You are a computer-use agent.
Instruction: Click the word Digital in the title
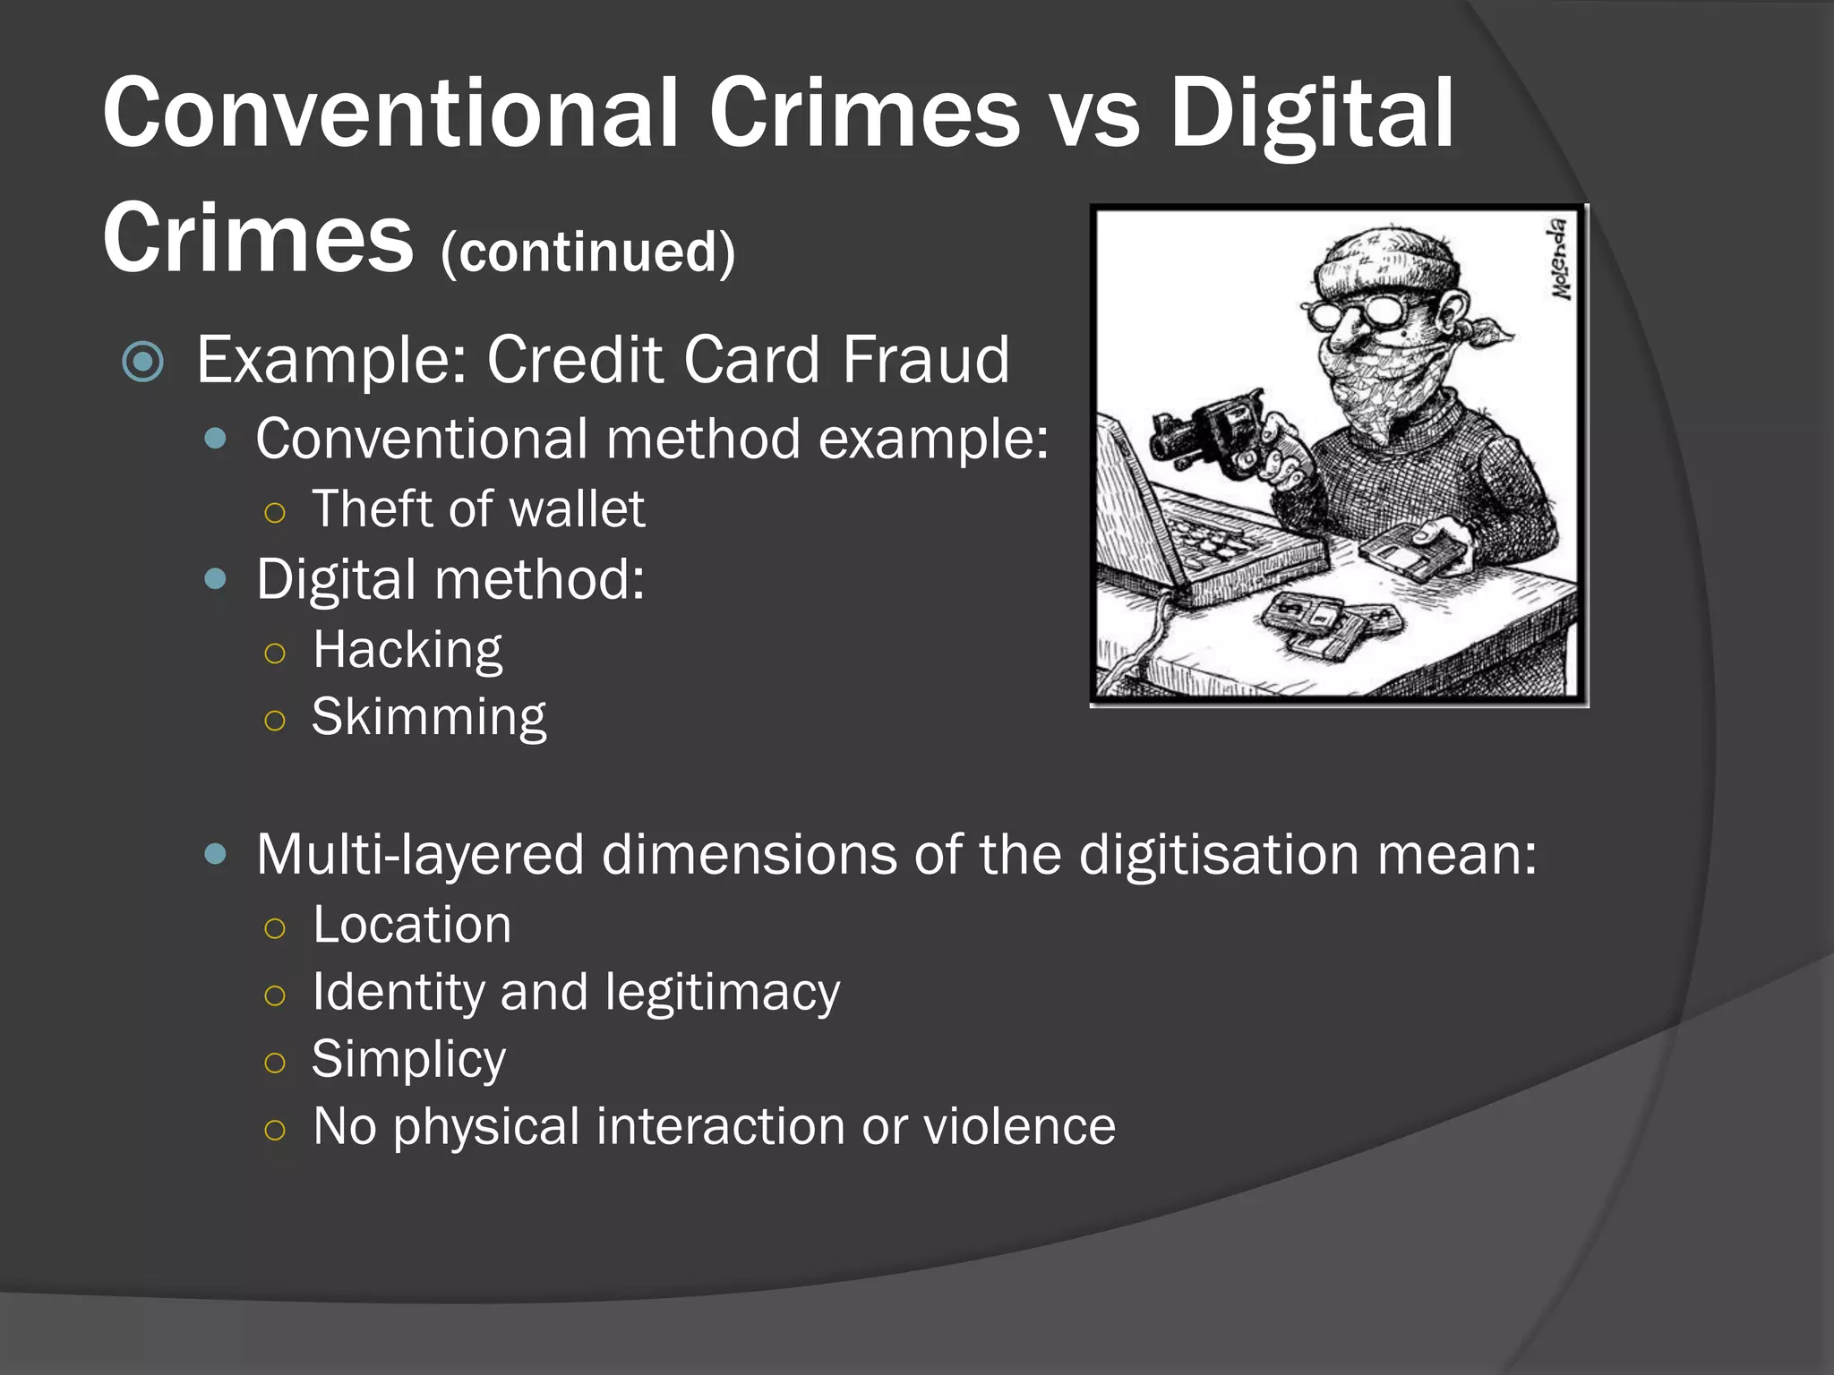pyautogui.click(x=1312, y=115)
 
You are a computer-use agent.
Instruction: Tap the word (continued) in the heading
pyautogui.click(x=587, y=252)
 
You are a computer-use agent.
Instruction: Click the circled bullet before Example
pyautogui.click(x=143, y=362)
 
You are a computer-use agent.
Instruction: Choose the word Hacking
pyautogui.click(x=407, y=649)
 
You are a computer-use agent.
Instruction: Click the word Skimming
pyautogui.click(x=429, y=717)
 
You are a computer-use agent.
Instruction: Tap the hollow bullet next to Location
pyautogui.click(x=275, y=928)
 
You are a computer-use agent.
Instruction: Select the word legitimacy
pyautogui.click(x=722, y=992)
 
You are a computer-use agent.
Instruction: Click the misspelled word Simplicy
pyautogui.click(x=408, y=1059)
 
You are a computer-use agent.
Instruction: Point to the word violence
pyautogui.click(x=1019, y=1126)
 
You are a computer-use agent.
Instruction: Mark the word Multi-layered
pyautogui.click(x=420, y=855)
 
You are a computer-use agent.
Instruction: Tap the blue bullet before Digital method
pyautogui.click(x=215, y=579)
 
